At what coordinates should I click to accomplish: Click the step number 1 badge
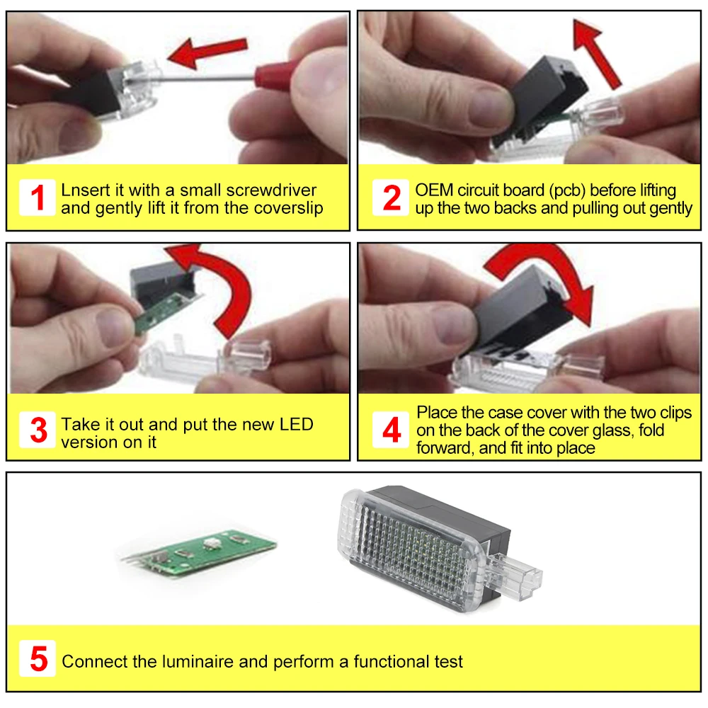(x=38, y=198)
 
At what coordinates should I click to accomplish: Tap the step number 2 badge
(x=391, y=198)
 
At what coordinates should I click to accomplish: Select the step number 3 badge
(x=38, y=430)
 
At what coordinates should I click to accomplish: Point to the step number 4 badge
(x=391, y=430)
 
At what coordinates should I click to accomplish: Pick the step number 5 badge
(x=38, y=658)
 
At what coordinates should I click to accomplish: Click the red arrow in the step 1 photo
(x=207, y=53)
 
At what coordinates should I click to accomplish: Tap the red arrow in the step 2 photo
(x=596, y=52)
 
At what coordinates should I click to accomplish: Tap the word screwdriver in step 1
(x=271, y=190)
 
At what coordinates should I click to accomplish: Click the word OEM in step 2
(x=434, y=190)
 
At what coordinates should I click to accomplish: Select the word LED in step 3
(x=296, y=424)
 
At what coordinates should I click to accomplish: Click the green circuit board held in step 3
(x=167, y=311)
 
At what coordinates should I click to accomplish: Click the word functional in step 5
(x=392, y=661)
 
